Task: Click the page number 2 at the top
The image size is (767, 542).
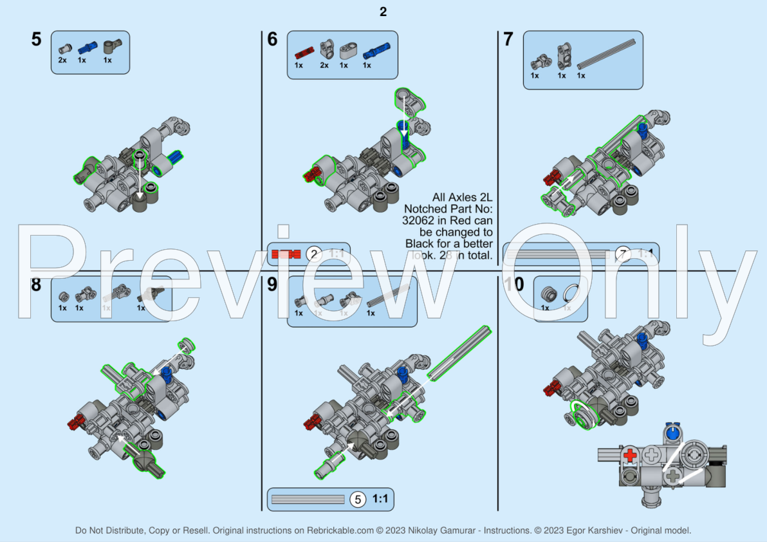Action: tap(383, 12)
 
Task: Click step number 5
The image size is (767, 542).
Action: tap(36, 39)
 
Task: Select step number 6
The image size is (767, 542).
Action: tap(272, 39)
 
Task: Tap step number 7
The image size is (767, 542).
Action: tap(508, 39)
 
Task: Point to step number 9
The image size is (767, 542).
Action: tap(272, 284)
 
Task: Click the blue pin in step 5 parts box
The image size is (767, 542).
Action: tap(86, 48)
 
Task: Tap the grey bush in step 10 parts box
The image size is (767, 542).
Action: tap(547, 294)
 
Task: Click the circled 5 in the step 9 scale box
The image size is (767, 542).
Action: tap(357, 499)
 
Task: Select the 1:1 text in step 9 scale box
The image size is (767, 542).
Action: tap(380, 499)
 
